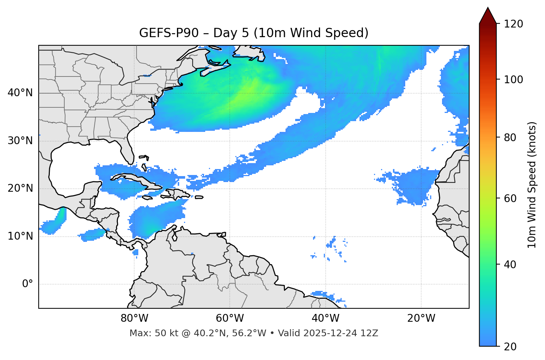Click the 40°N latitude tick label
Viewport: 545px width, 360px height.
coord(20,93)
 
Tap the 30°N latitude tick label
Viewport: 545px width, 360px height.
coord(20,141)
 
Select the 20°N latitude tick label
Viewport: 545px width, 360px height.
coord(20,188)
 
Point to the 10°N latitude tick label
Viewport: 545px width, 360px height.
coord(20,236)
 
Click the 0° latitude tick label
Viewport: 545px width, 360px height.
coord(28,284)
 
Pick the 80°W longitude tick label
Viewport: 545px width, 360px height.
coord(134,318)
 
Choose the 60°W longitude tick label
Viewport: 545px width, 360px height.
coord(230,318)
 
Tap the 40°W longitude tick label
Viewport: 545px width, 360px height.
coord(326,318)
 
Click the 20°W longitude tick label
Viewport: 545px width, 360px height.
coord(421,318)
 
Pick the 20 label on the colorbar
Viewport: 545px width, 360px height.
coord(510,347)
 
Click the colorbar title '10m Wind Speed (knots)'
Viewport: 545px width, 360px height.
coord(532,185)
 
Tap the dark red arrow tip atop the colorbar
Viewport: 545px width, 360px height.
coord(488,16)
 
